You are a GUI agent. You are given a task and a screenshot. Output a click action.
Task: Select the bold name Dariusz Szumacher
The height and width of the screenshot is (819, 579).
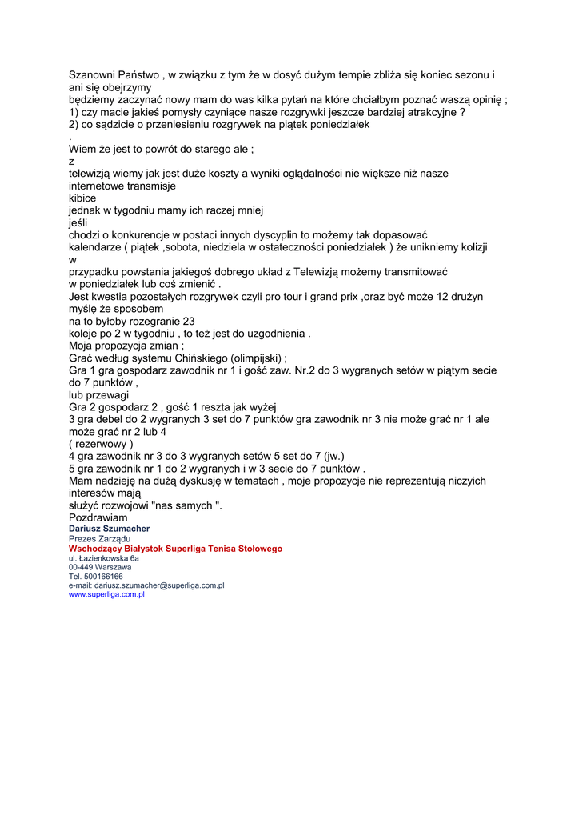109,529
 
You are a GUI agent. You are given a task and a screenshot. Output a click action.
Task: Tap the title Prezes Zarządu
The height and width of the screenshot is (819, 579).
99,539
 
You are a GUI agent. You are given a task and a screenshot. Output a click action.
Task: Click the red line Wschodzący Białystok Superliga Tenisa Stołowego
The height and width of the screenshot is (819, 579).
175,549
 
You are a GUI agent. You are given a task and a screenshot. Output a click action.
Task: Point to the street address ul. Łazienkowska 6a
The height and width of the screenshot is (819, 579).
104,558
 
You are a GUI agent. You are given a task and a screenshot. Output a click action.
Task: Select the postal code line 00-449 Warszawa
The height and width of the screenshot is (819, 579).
100,567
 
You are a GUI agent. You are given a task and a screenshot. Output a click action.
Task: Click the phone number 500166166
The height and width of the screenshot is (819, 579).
102,576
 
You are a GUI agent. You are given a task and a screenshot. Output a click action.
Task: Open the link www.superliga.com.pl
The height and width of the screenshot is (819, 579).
106,594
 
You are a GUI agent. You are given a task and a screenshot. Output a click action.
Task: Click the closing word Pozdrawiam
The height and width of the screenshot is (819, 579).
98,517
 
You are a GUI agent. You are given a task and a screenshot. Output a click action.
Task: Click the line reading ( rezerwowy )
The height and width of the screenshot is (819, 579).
101,444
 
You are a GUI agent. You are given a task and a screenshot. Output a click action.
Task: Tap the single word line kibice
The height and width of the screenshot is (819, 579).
82,198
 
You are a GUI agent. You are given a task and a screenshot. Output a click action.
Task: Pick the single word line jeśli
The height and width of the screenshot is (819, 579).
78,222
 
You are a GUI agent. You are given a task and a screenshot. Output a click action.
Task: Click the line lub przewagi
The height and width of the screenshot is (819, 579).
98,395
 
